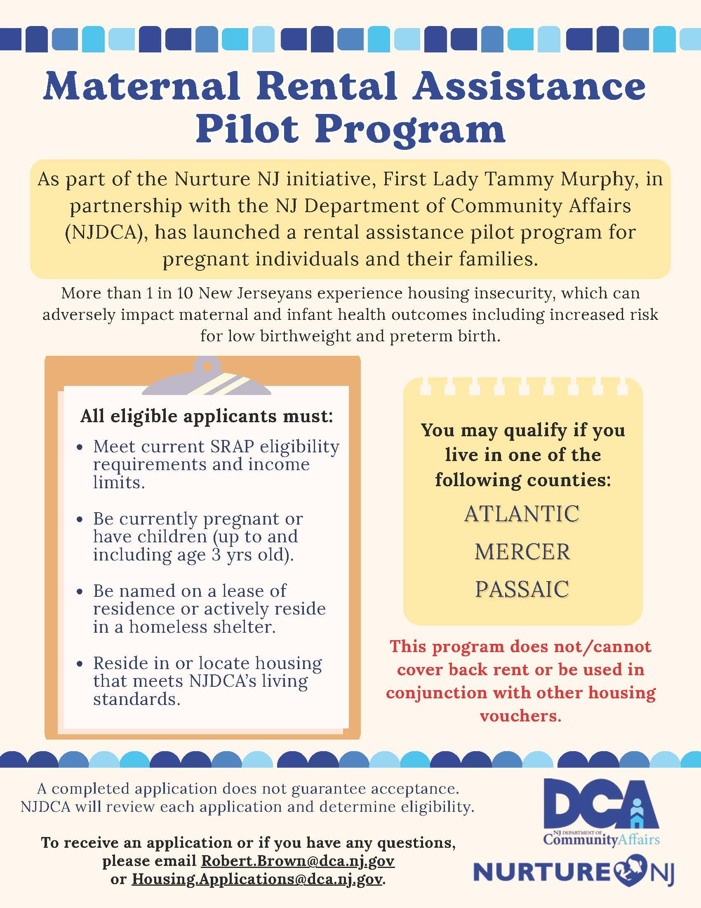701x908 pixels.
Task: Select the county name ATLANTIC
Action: [x=522, y=514]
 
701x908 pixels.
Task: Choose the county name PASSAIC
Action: [x=522, y=589]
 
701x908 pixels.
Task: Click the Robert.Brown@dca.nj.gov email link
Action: [x=298, y=861]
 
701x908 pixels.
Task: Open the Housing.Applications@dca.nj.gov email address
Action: [x=256, y=879]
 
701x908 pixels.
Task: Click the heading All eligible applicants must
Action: [x=207, y=416]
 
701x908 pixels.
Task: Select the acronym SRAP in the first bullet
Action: [x=232, y=447]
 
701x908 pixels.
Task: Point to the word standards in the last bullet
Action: [x=136, y=699]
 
